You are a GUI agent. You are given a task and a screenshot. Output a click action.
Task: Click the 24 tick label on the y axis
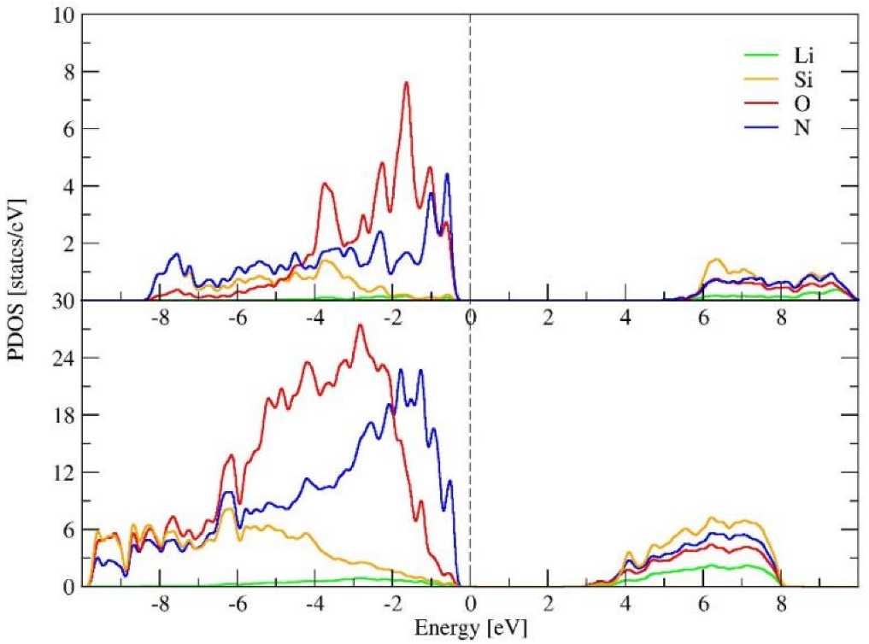pyautogui.click(x=65, y=358)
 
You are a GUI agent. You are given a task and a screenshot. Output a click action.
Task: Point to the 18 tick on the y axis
pyautogui.click(x=65, y=415)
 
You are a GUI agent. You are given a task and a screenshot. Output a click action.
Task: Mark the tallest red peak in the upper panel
pyautogui.click(x=407, y=83)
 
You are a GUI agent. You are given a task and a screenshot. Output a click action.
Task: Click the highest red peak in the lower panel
pyautogui.click(x=361, y=325)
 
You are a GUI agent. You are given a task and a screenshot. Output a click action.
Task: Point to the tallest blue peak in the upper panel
pyautogui.click(x=446, y=174)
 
